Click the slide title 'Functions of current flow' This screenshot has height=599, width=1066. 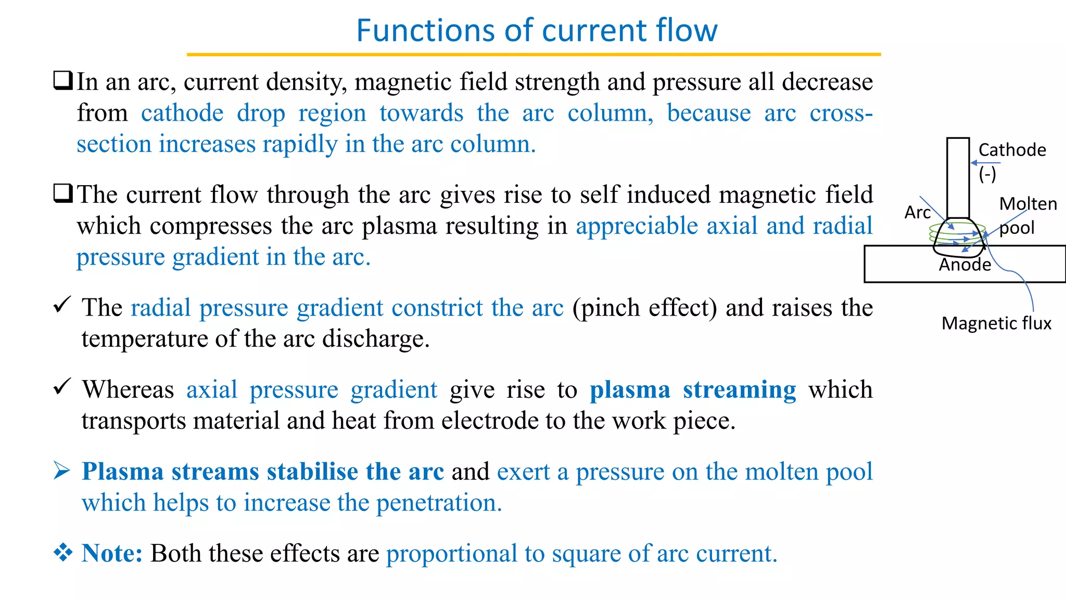(537, 30)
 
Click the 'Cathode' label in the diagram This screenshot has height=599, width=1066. (1012, 150)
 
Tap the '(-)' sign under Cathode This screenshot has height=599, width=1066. (987, 173)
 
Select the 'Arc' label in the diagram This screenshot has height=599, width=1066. (917, 212)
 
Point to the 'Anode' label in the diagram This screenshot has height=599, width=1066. (965, 265)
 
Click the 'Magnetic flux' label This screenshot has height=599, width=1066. (996, 323)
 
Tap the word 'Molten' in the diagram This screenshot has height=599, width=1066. (1028, 204)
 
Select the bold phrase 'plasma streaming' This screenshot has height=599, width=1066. (692, 389)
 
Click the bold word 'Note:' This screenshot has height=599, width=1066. (112, 553)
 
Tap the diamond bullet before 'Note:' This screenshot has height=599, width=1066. (63, 552)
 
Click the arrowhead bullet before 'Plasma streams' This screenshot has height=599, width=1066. (62, 471)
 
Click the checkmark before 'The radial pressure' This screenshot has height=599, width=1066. (62, 305)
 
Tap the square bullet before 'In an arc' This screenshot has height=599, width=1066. (63, 81)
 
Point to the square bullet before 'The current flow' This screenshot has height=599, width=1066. (63, 194)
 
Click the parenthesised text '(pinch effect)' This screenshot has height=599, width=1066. (644, 308)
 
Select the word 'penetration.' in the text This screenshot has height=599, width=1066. (439, 503)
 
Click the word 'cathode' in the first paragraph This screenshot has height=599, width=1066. (182, 113)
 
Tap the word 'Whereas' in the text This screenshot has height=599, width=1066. (128, 389)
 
